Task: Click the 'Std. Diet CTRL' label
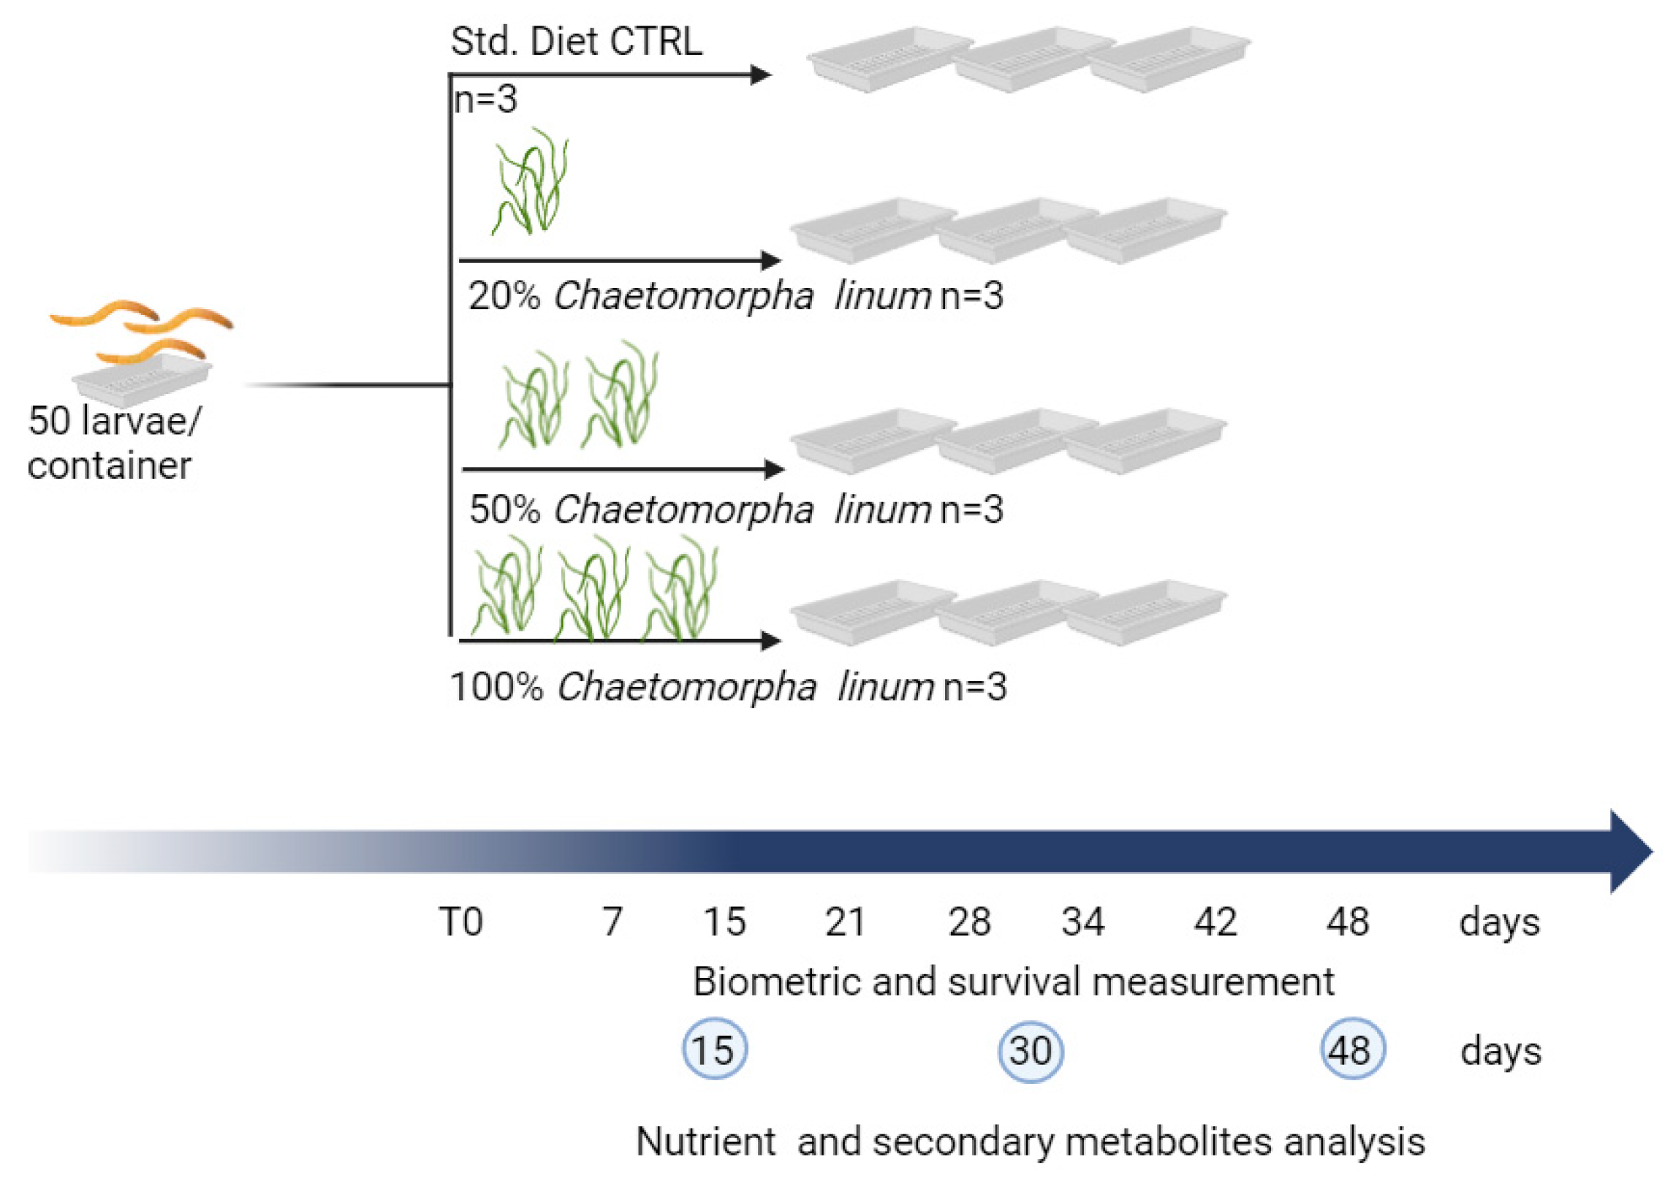click(576, 42)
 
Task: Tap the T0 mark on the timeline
click(461, 922)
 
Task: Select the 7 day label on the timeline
click(612, 922)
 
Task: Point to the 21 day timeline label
click(846, 922)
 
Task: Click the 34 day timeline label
click(1082, 922)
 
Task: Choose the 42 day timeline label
click(1215, 922)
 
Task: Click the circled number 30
click(1031, 1050)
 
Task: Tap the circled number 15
click(714, 1050)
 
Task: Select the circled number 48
click(1351, 1050)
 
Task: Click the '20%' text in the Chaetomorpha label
click(504, 296)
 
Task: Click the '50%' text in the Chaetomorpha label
click(504, 509)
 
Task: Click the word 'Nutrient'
click(706, 1142)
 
